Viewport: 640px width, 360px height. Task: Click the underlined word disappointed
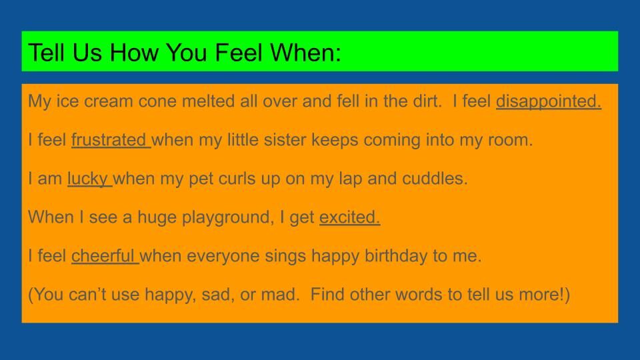tap(549, 102)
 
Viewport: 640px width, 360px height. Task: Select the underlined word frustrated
tap(109, 139)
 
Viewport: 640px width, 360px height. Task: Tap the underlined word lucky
tap(87, 179)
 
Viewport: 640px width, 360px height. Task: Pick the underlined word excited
tap(349, 217)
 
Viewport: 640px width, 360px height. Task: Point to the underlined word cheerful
tap(103, 256)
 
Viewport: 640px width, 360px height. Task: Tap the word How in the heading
tap(133, 53)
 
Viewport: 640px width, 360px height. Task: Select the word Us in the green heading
tap(87, 53)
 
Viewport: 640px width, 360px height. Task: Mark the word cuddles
tap(435, 179)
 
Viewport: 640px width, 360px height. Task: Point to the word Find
tap(327, 294)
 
